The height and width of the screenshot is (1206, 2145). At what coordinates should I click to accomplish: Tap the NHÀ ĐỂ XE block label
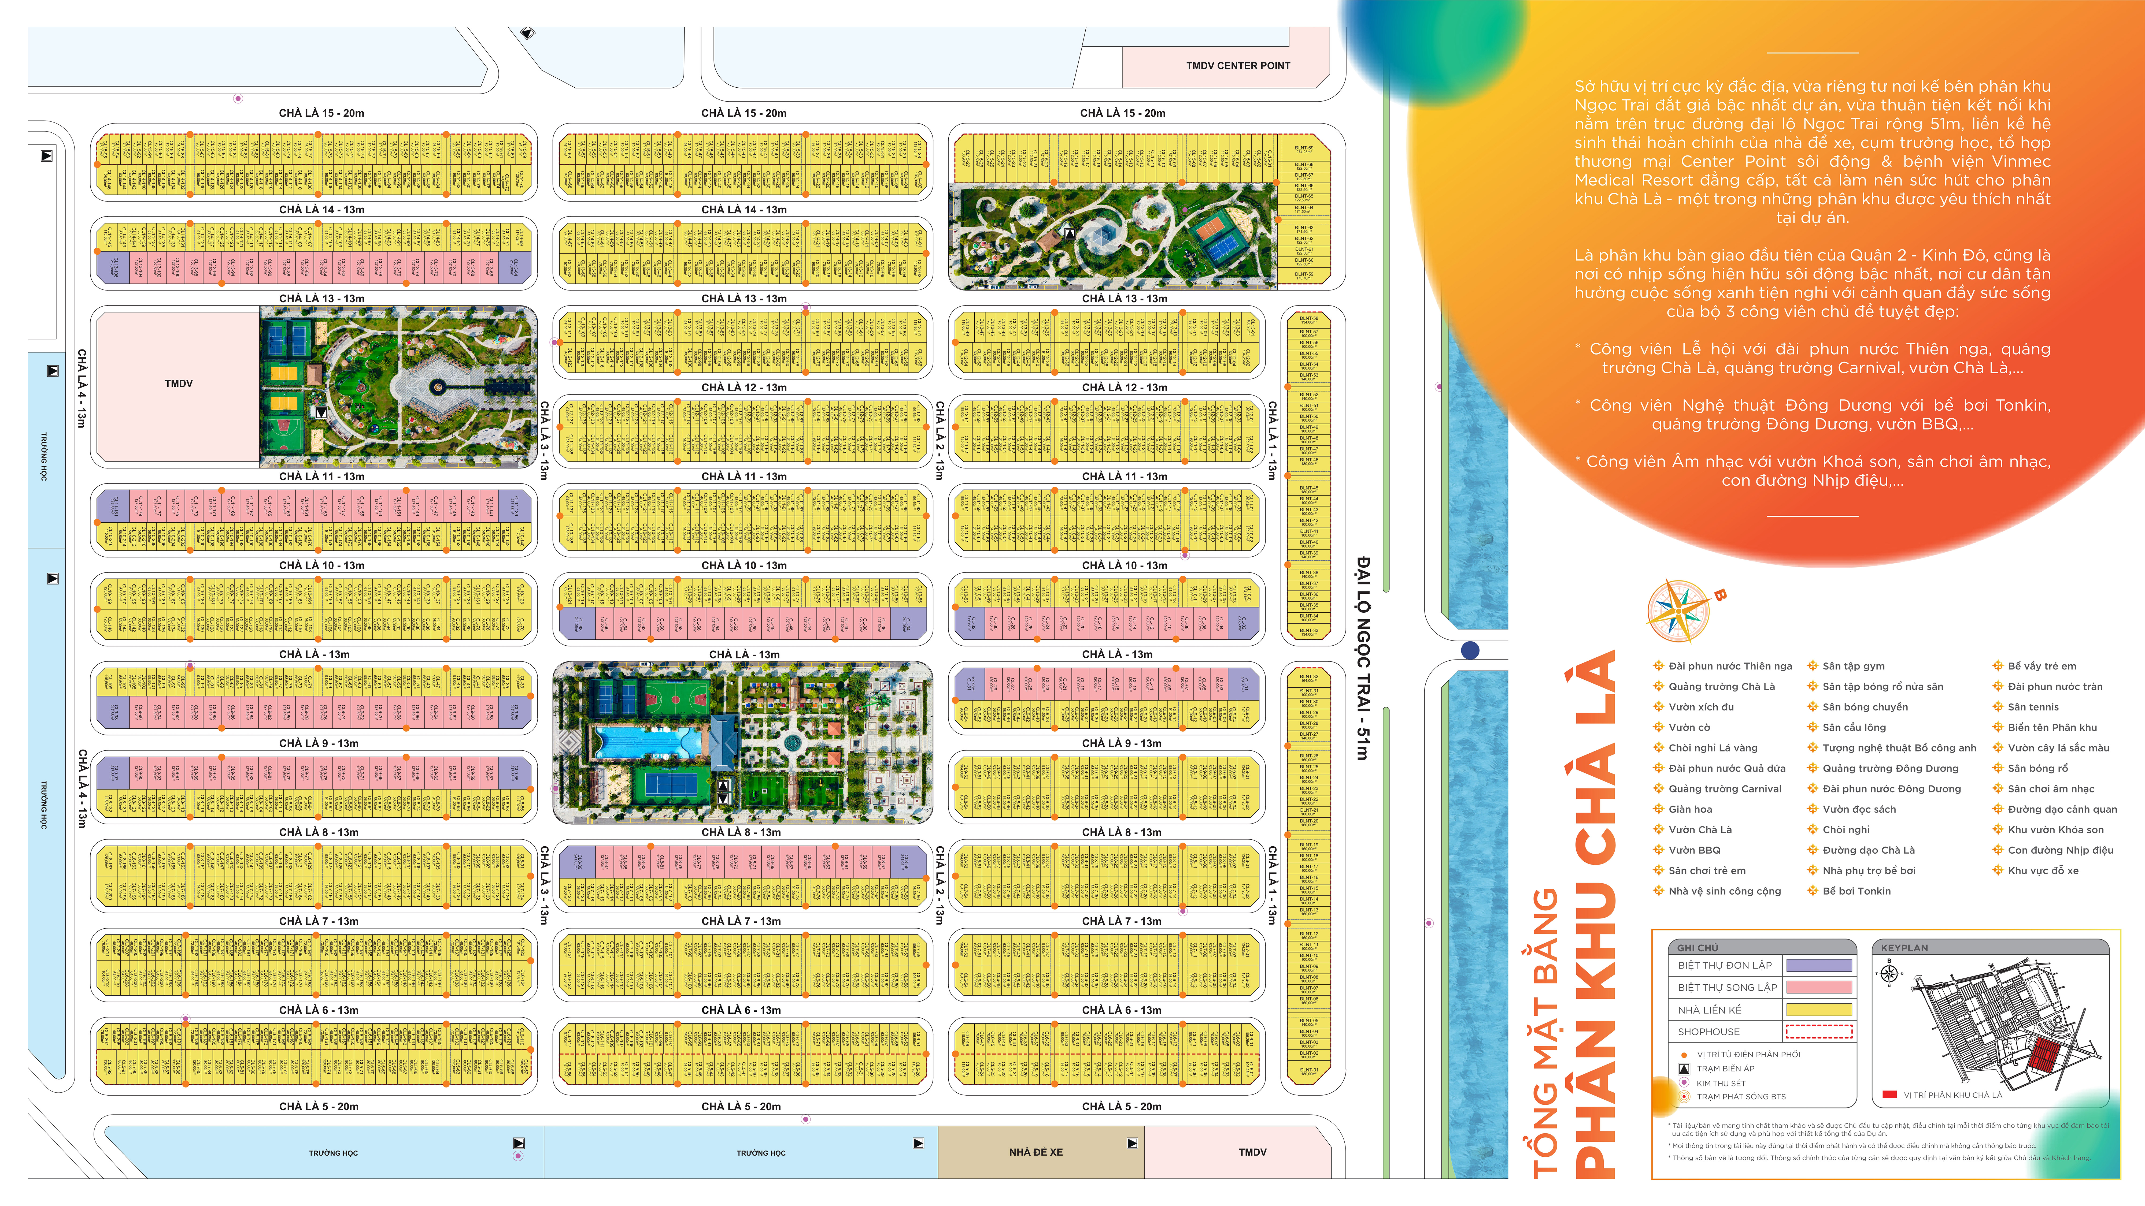(1036, 1152)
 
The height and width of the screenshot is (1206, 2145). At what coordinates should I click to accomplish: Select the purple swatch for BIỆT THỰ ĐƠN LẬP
(1819, 965)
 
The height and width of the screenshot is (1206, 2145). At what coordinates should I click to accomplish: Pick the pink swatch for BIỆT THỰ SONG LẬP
(1819, 987)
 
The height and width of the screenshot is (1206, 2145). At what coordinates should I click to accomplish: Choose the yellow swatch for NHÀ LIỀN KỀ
(1819, 1010)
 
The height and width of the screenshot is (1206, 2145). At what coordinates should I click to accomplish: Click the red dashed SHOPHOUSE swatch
(1819, 1032)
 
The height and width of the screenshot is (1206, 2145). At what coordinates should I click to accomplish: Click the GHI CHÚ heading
(1697, 948)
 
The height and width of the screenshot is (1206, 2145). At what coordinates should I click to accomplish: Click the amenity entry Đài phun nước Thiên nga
(1729, 666)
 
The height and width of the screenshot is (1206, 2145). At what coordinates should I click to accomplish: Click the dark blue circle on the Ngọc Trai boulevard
(1470, 650)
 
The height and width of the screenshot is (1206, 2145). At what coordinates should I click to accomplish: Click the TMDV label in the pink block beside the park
(178, 384)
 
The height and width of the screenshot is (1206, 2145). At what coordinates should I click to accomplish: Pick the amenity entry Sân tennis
(2033, 707)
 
